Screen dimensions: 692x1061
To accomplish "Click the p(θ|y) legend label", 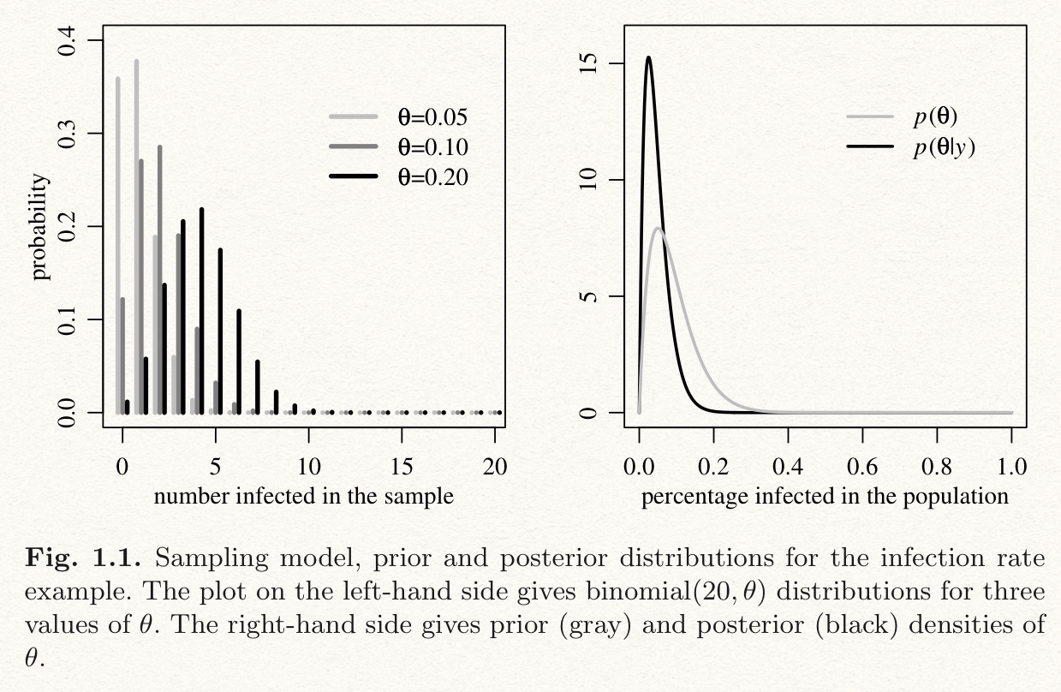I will point(944,147).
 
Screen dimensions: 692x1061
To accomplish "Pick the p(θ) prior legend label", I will point(934,117).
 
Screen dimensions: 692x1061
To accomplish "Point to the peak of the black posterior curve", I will point(648,57).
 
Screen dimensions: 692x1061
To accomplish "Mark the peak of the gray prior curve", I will point(658,228).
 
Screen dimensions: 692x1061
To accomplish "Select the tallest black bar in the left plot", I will point(202,210).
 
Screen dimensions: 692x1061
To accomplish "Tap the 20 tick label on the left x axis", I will point(495,466).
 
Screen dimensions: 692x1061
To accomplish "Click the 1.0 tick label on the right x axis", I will point(1011,466).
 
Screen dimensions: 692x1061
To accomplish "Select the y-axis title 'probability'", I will point(40,227).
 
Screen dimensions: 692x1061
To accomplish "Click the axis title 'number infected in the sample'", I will point(303,496).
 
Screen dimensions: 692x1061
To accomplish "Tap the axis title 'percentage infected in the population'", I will point(825,496).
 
